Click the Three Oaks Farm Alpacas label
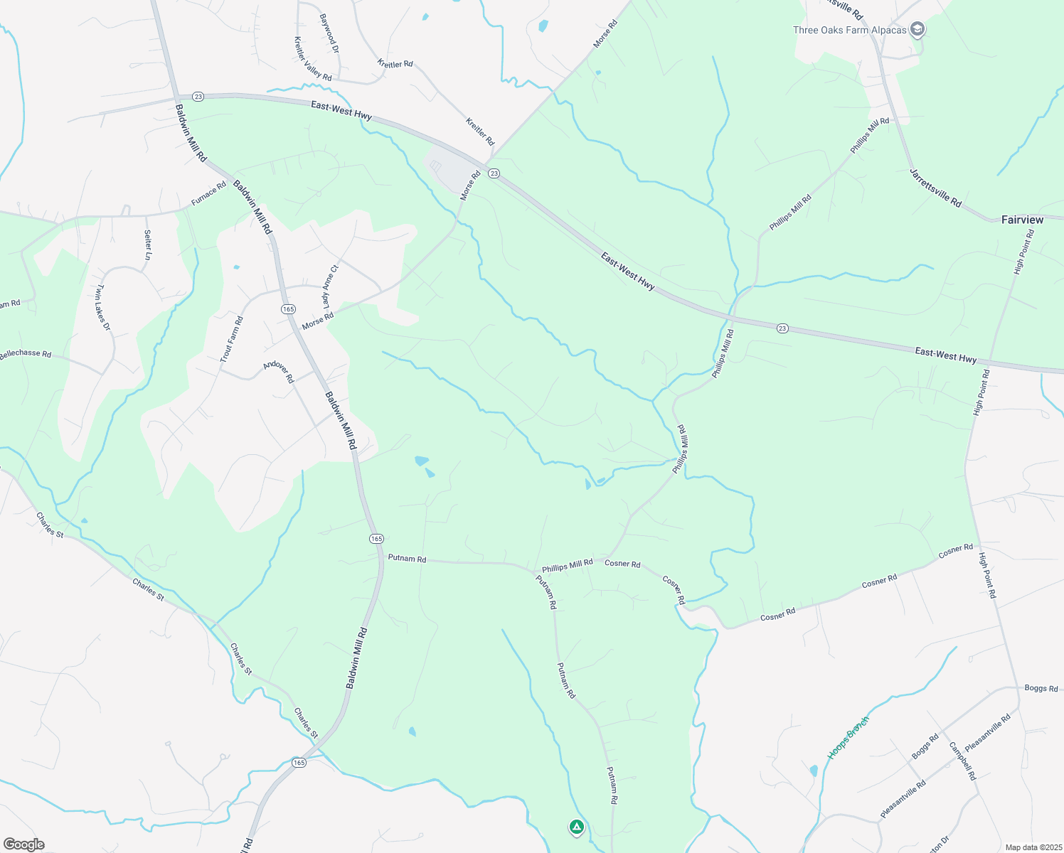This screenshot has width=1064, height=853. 849,30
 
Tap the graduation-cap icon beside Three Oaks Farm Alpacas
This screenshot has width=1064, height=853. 918,29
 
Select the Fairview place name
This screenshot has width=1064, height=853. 1022,220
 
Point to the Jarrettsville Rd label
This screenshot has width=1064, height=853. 935,188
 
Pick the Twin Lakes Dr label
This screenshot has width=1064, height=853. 103,307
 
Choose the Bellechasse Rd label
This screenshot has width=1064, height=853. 26,353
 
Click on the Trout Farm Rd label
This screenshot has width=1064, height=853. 232,340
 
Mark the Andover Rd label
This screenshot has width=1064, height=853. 278,372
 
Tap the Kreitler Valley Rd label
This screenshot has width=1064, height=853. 313,59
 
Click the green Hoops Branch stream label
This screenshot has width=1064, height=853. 848,737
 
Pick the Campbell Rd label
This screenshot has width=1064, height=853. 962,761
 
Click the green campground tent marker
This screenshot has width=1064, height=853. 576,827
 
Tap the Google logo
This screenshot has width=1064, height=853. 23,844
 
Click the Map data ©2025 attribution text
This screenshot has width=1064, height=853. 1033,847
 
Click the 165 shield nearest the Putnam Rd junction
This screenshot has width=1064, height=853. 376,539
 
